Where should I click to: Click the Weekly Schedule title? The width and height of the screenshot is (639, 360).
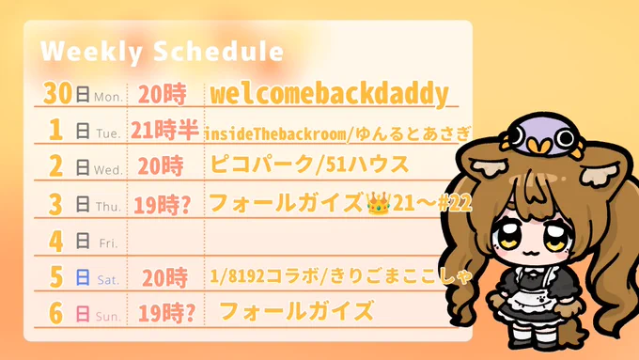pos(162,52)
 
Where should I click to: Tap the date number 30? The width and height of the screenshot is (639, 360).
pos(58,93)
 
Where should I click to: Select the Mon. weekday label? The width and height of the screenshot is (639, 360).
pos(108,97)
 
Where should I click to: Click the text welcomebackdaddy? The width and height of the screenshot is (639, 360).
pos(329,94)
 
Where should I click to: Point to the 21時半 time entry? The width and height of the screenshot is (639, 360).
pos(164,130)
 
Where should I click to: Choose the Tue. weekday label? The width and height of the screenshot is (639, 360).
pos(108,133)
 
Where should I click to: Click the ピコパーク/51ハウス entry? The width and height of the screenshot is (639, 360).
pos(309,164)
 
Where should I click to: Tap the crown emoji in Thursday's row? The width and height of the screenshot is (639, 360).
pos(378,203)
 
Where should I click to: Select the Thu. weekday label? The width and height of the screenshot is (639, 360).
pos(108,207)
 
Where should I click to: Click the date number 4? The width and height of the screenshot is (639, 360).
pos(55,241)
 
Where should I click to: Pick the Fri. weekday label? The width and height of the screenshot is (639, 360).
pos(108,243)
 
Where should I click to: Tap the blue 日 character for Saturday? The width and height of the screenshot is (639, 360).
pos(83,277)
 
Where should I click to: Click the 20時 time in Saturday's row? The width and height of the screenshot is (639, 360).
pos(165,278)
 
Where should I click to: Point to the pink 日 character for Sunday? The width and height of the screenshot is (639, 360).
pos(83,314)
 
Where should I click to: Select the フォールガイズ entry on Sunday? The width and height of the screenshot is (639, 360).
pos(296,310)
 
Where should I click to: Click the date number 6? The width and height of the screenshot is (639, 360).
pos(56,313)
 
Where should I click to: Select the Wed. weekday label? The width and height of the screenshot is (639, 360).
pos(108,170)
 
